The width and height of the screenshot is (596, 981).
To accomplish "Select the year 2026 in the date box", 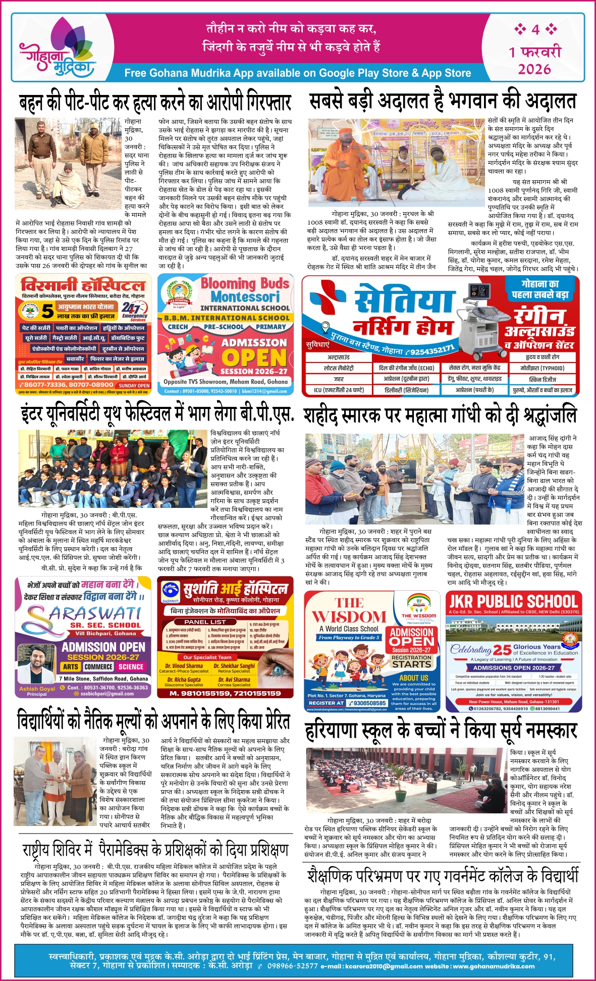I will [534, 69].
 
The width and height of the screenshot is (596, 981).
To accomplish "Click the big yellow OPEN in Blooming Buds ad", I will [254, 358].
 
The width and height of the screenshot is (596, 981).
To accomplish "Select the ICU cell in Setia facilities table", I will [339, 390].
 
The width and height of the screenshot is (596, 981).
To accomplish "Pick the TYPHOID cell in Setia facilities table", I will [543, 368].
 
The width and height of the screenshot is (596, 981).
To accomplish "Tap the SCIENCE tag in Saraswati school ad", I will [131, 667].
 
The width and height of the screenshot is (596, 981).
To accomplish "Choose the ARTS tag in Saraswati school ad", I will [71, 667].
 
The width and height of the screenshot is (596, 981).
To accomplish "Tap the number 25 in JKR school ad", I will [502, 650].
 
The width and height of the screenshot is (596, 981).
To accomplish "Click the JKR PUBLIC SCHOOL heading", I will [513, 601].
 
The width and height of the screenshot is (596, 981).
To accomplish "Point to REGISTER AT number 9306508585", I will [369, 703].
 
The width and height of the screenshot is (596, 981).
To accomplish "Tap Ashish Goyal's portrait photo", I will [37, 664].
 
